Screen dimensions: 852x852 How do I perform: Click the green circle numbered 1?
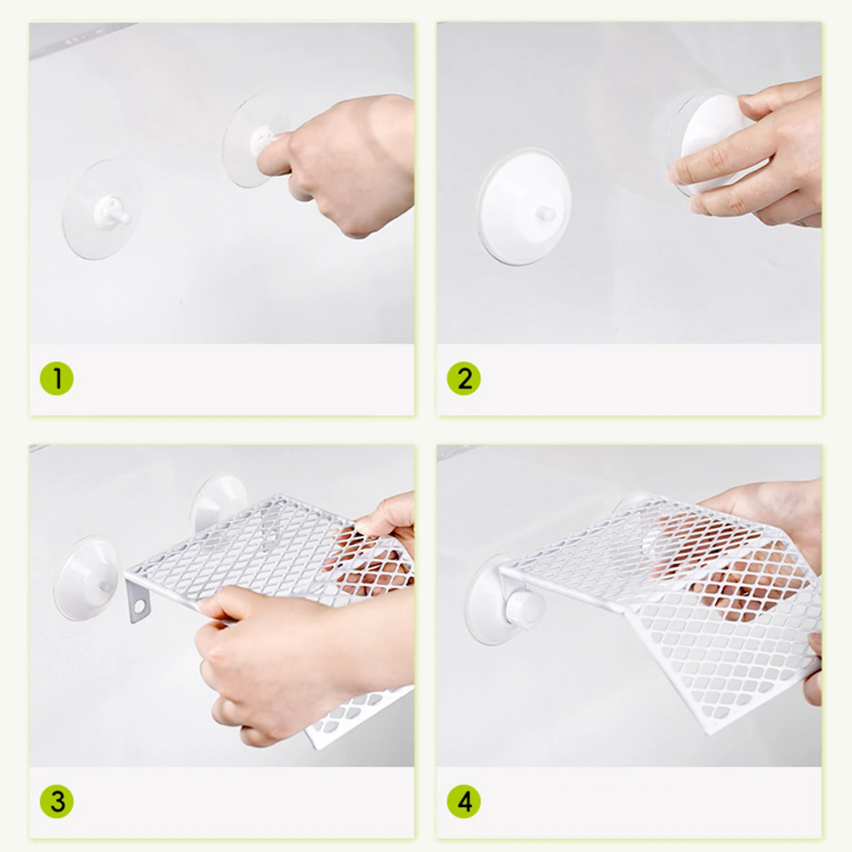point(57,379)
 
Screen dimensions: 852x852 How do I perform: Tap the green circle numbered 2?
point(464,379)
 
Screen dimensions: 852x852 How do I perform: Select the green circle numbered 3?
point(57,801)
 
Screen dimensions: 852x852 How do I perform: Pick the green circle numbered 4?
point(464,801)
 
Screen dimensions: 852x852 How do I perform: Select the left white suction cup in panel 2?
point(524,207)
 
